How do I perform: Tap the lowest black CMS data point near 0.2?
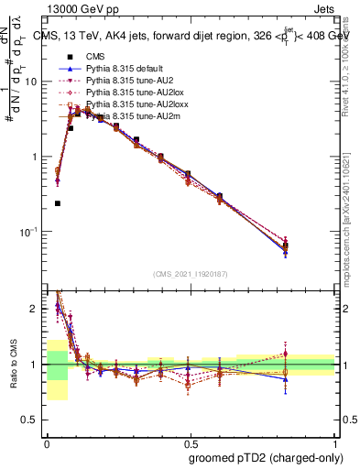click(58, 203)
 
